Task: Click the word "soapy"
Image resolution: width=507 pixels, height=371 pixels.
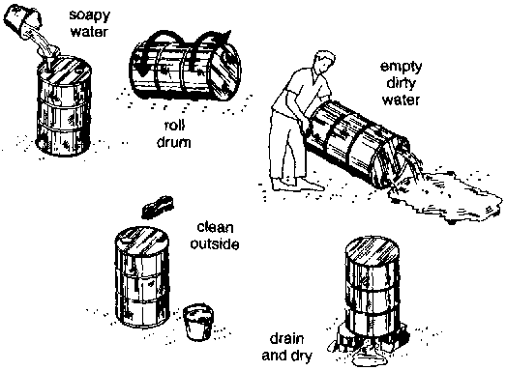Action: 90,15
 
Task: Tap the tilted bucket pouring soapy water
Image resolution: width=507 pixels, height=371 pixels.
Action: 22,20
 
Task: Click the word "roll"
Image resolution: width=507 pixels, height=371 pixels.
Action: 174,126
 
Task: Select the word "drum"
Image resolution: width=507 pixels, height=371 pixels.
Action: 174,142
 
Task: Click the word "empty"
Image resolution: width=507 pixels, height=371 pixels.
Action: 401,68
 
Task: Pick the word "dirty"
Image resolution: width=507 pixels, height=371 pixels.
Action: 401,84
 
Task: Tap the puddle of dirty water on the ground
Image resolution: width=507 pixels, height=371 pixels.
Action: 446,197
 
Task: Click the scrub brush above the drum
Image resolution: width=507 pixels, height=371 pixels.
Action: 157,207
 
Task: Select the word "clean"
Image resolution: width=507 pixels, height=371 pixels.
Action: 215,227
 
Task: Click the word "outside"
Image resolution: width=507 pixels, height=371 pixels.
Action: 215,243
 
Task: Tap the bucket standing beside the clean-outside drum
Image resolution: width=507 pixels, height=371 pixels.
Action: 198,322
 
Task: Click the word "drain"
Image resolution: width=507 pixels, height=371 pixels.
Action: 286,339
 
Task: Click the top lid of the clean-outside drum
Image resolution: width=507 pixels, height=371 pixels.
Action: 142,240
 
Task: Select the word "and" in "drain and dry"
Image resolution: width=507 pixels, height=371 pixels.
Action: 274,356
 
